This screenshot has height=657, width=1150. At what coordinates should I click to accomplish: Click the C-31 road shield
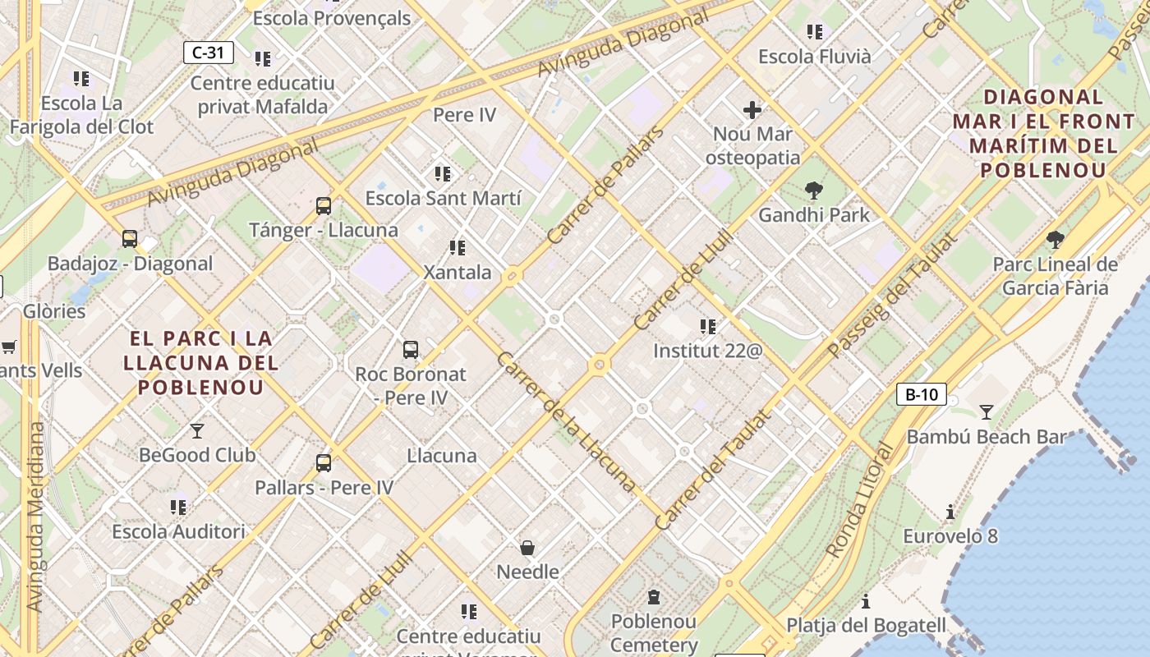208,53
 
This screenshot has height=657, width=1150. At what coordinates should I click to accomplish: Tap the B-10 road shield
921,394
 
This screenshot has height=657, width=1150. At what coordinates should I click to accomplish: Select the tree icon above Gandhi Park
814,191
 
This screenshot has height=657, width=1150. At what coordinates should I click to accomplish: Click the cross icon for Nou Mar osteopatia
752,110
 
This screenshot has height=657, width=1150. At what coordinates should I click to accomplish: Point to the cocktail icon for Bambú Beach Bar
986,412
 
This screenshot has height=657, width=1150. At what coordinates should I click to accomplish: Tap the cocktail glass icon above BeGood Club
197,430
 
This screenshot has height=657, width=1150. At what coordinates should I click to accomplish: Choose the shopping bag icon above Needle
527,548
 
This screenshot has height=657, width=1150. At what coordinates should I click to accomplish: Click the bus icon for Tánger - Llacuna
324,206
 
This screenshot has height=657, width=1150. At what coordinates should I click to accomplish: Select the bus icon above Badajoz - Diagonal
130,239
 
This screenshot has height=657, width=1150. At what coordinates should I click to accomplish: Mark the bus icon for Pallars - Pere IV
324,463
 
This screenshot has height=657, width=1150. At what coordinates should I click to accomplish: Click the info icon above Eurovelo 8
950,512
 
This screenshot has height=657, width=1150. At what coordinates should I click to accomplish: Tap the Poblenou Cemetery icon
654,597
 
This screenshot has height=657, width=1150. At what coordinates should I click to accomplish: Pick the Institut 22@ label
707,351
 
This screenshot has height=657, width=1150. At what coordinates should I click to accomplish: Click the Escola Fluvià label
814,57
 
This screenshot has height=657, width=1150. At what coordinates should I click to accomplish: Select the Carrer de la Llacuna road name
566,422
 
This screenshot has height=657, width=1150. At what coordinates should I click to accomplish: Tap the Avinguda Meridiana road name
34,517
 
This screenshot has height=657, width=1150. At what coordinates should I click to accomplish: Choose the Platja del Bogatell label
867,625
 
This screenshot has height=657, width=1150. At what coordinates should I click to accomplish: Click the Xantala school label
458,272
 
